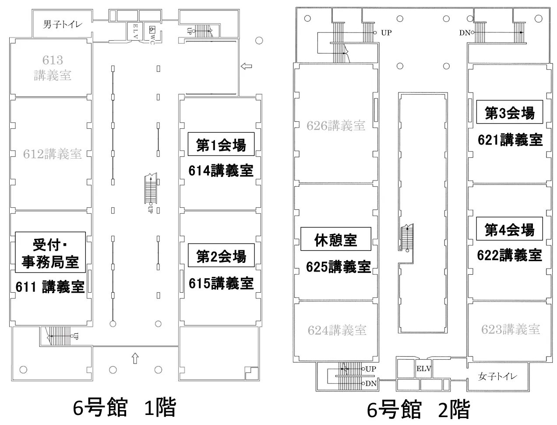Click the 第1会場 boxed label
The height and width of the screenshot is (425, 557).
click(221, 144)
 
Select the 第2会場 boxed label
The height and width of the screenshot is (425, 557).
click(221, 255)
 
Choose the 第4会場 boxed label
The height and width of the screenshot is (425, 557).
click(509, 229)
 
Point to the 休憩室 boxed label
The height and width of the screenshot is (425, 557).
click(335, 239)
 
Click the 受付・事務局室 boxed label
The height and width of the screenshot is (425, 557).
click(50, 253)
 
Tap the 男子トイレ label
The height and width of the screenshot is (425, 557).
click(62, 25)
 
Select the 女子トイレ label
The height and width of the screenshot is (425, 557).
click(497, 376)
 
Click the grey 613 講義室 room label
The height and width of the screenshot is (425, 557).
click(53, 67)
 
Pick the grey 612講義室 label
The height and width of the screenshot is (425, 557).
click(53, 154)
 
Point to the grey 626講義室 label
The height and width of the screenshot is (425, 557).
click(336, 126)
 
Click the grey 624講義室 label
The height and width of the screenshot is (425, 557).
click(337, 329)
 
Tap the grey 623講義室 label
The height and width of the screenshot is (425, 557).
click(510, 329)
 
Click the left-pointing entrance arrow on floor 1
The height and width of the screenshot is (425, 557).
click(247, 67)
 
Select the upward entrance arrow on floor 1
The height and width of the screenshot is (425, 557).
click(135, 358)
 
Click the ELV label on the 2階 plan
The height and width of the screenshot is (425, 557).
click(423, 369)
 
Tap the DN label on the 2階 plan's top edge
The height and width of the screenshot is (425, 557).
click(464, 32)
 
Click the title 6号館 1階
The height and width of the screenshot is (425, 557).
click(124, 407)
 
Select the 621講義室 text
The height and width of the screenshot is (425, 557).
click(510, 140)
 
